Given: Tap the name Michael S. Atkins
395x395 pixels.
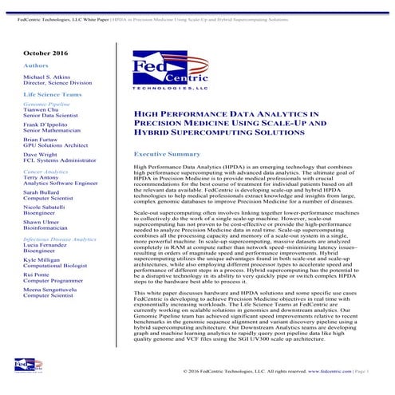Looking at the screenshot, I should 49,77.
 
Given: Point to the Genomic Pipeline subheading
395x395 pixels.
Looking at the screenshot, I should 46,104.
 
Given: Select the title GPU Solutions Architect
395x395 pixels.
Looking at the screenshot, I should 57,145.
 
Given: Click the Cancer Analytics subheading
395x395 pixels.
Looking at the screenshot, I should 45,172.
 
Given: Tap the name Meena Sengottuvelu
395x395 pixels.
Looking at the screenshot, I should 57,290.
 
